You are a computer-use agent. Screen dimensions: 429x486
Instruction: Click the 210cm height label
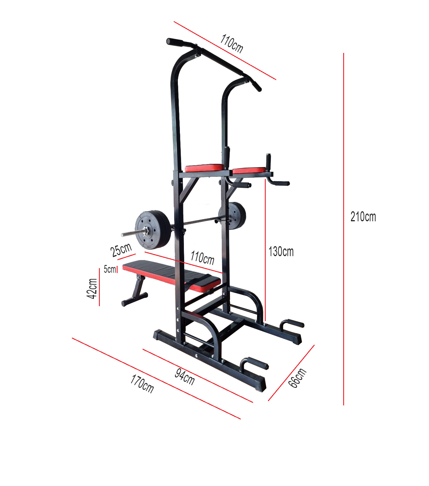point(363,217)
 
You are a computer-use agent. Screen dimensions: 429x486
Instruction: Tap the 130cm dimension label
point(281,252)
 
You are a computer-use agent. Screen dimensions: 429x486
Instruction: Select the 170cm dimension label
point(142,384)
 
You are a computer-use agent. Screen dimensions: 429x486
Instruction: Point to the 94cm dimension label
point(185,377)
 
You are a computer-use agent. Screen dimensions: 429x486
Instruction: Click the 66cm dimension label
point(297,378)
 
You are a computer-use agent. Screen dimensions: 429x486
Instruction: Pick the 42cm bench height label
point(92,289)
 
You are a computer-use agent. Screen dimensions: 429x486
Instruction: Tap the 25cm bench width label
point(121,250)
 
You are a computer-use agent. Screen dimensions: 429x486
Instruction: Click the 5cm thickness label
point(110,269)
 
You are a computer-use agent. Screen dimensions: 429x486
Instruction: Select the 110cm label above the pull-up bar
point(232,44)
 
